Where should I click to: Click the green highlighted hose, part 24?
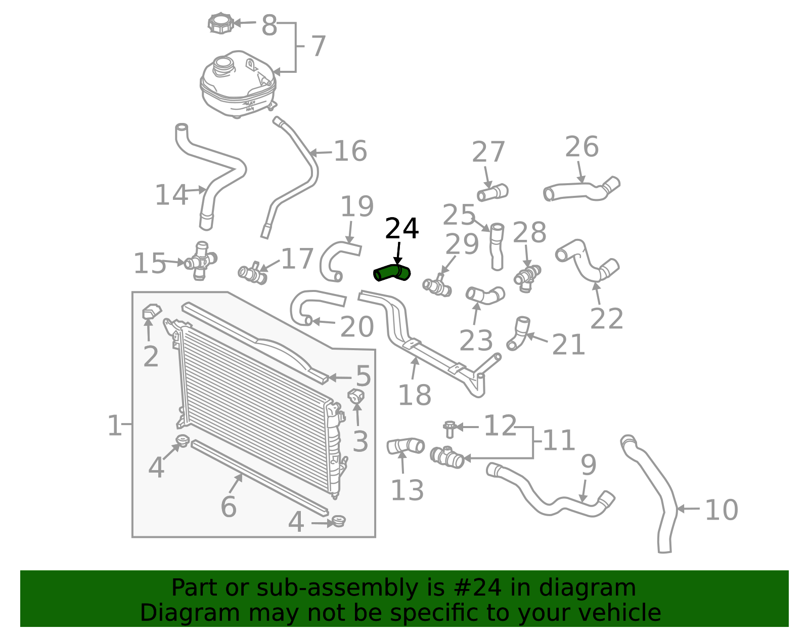pyautogui.click(x=391, y=273)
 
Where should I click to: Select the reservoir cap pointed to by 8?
pyautogui.click(x=220, y=23)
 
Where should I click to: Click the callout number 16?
pyautogui.click(x=350, y=151)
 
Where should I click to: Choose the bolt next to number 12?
pyautogui.click(x=450, y=430)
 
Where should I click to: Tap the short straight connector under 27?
pyautogui.click(x=492, y=193)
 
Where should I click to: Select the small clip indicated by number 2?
pyautogui.click(x=152, y=311)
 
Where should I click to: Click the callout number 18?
pyautogui.click(x=415, y=395)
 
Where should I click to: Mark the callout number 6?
pyautogui.click(x=229, y=507)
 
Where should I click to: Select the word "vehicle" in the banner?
pyautogui.click(x=626, y=613)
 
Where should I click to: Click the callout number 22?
pyautogui.click(x=606, y=318)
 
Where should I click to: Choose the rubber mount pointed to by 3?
pyautogui.click(x=356, y=396)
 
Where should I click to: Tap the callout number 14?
pyautogui.click(x=171, y=195)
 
